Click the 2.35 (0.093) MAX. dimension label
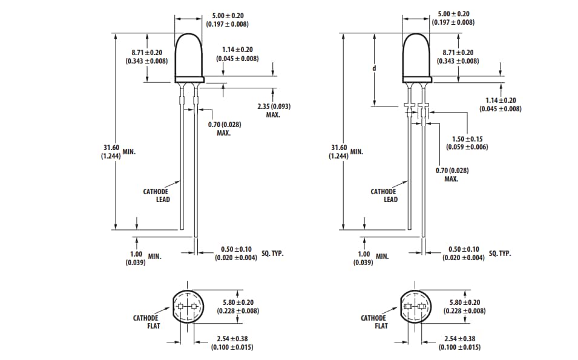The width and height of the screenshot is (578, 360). pos(274,110)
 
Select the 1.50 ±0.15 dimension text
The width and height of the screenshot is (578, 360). pos(467,143)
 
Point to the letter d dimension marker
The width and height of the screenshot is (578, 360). pos(374,68)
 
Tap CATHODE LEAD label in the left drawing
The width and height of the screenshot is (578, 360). pos(156,195)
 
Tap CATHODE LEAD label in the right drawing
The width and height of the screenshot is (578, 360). pos(384,195)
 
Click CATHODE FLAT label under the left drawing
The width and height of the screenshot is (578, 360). pos(146,322)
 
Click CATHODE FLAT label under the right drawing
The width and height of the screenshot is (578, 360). pos(373,322)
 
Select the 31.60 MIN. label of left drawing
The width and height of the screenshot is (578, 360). pos(119,151)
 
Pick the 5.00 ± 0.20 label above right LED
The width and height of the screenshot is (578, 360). pos(453,18)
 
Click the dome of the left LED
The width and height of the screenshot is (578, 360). pos(189,54)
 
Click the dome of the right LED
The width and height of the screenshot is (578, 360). pos(416,54)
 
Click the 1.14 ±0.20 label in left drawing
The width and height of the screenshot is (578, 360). pos(237,54)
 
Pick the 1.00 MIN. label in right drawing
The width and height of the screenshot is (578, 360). pos(371,258)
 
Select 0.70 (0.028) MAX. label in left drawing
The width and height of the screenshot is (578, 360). pos(224,128)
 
